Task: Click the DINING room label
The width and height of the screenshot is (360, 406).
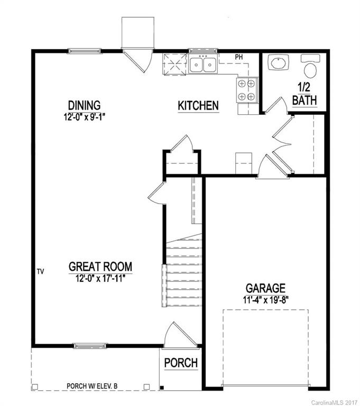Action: (x=84, y=105)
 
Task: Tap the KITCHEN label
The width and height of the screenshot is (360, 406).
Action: (x=198, y=106)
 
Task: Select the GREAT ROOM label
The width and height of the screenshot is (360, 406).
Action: (x=100, y=266)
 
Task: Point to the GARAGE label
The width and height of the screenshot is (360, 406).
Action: (x=265, y=288)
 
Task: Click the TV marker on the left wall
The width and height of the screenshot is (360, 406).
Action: (x=40, y=272)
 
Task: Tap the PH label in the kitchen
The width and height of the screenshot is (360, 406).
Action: (x=238, y=57)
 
